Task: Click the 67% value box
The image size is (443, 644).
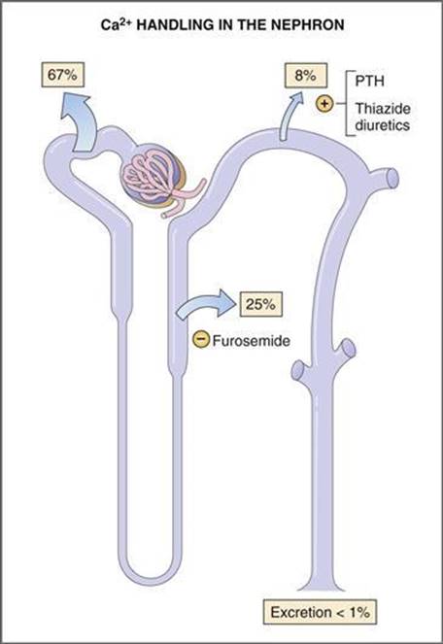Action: [x=63, y=75]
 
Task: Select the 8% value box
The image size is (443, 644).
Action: [x=306, y=75]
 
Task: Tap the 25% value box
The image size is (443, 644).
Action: [x=261, y=304]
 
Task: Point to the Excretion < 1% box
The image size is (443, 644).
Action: [x=321, y=612]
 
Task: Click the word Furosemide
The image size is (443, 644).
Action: [x=251, y=341]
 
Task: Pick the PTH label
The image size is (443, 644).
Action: [x=370, y=81]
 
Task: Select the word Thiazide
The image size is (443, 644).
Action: [x=383, y=109]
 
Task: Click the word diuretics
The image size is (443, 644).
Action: [x=382, y=125]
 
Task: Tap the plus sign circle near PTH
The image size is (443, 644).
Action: [x=324, y=104]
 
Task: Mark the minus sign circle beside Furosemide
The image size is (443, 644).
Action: [x=201, y=340]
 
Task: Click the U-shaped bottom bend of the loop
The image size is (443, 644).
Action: [x=153, y=573]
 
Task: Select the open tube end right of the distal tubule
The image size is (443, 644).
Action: [x=392, y=179]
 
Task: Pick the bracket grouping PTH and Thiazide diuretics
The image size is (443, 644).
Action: [x=349, y=104]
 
